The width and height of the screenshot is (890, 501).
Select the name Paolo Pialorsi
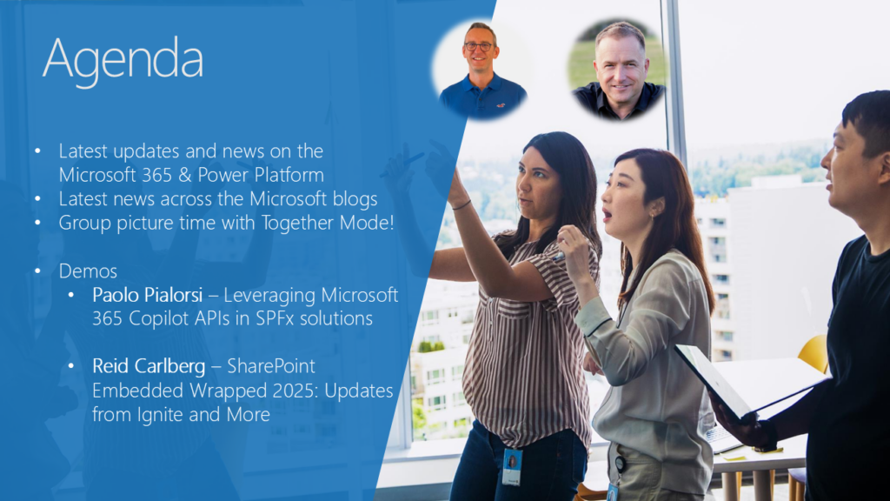point(148,295)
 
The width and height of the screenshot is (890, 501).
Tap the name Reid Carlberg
point(149,366)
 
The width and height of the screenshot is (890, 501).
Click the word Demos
point(88,271)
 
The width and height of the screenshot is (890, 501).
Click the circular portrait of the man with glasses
point(482,70)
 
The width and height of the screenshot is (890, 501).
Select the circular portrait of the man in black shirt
point(617,70)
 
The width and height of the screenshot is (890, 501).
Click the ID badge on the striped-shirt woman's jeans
point(511,466)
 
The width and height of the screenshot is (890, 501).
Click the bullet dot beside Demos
point(37,271)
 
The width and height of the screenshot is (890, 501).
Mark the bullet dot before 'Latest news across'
point(37,199)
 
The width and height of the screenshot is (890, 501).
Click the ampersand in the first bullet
point(184,175)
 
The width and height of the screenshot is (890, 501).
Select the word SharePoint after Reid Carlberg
point(271,366)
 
